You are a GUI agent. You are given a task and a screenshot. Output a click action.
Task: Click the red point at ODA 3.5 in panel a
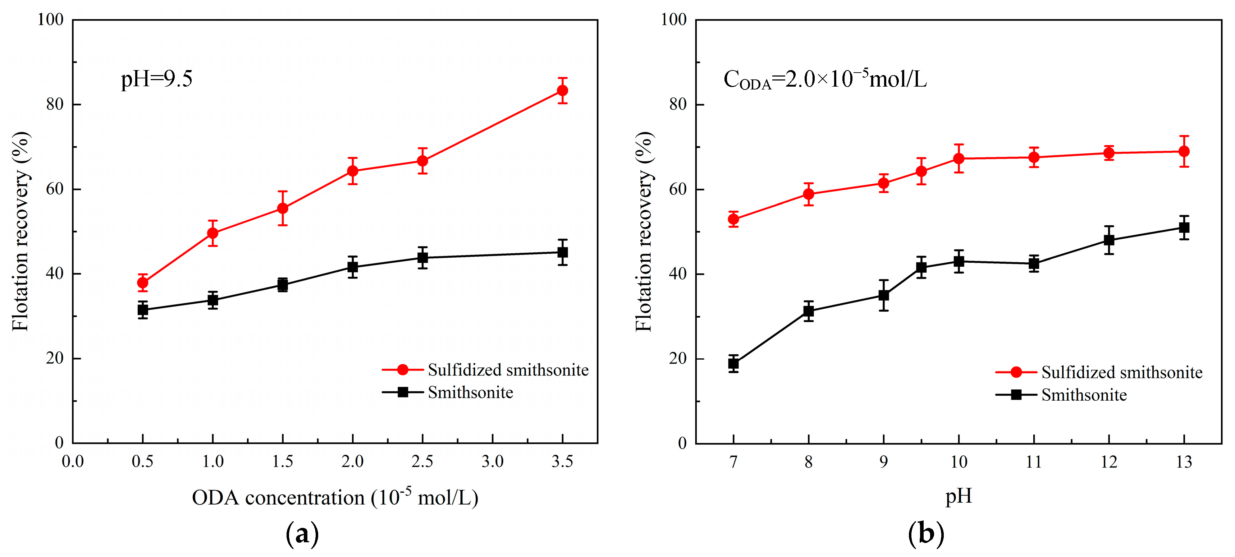tap(562, 90)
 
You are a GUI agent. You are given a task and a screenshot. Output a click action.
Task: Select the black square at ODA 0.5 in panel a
tap(142, 310)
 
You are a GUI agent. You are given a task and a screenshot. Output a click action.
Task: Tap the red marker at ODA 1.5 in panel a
tap(282, 208)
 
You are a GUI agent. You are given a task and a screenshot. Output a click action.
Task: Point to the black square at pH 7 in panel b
tap(733, 363)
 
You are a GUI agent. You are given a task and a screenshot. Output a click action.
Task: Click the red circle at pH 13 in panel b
tap(1184, 152)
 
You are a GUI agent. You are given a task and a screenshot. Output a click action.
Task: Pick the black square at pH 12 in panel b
tap(1109, 240)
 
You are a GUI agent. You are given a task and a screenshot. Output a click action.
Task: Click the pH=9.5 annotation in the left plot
tap(156, 79)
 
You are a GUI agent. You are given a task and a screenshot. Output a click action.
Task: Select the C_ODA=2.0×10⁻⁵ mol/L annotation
tap(825, 79)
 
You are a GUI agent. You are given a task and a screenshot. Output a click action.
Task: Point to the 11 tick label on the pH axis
tap(1034, 462)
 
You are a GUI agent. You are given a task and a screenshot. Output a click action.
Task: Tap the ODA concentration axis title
tap(335, 498)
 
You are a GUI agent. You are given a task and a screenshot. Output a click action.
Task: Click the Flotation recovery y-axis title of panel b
tap(644, 231)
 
